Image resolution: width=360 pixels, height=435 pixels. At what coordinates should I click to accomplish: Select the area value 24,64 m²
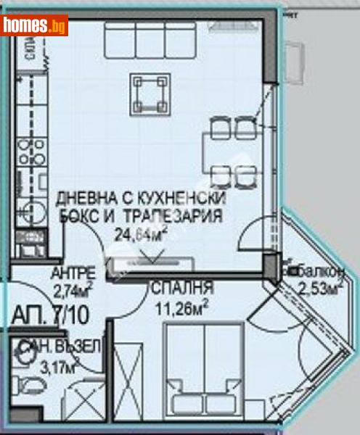pos(142,233)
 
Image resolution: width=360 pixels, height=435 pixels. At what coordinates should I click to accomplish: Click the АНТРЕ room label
pos(73,273)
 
